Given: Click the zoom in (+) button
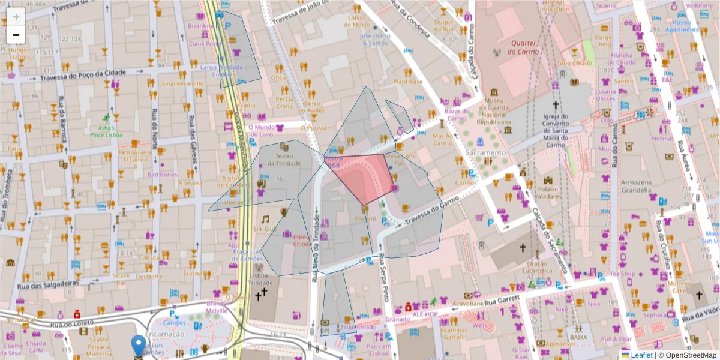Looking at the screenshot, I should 16,17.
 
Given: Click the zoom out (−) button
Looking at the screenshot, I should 16,35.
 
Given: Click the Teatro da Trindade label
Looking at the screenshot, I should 284,160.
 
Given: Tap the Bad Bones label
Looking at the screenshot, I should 162,175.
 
